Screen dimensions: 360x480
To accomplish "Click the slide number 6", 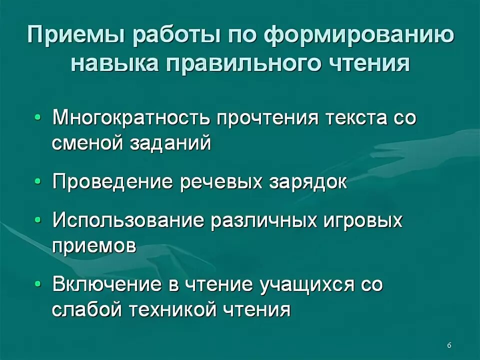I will pos(449,345).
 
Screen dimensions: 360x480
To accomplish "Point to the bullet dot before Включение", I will pos(39,285).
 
